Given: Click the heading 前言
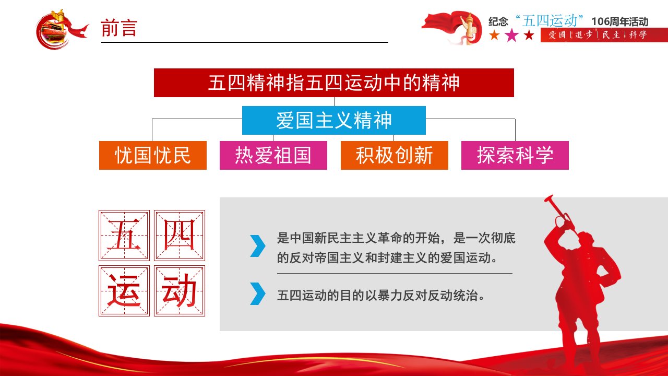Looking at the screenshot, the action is point(119,28).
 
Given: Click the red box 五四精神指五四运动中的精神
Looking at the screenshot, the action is point(333,83).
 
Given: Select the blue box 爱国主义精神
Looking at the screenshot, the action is point(333,120).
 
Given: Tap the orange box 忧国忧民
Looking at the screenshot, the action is point(153,155).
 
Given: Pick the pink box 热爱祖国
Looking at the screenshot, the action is point(273,155).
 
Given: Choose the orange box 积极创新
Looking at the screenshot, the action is point(394,155).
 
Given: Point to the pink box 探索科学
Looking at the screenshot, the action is point(515,155).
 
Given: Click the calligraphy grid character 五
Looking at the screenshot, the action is point(124,236).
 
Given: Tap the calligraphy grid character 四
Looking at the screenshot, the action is point(179,236).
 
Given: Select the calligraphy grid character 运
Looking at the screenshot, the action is point(124,291).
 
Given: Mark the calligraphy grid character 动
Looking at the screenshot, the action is point(179,291).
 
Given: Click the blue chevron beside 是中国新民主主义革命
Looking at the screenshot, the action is point(257,246).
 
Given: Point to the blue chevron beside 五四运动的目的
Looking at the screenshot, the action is point(257,293).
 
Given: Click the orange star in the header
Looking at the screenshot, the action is point(494,35).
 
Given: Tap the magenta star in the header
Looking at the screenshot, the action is point(512,35).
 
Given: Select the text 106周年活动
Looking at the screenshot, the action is point(619,21).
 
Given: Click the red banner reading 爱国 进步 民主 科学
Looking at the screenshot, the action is point(604,35).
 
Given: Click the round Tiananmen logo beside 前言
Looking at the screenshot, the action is point(57,30).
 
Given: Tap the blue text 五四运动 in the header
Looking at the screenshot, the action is point(550,20).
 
